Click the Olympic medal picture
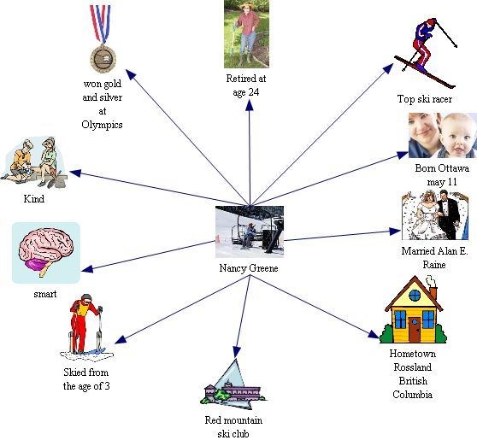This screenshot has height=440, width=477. click(103, 38)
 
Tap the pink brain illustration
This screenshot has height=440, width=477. click(46, 251)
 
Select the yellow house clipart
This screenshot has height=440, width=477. click(414, 309)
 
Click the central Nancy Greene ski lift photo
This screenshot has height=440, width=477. click(250, 232)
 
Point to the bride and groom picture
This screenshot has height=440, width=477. click(435, 215)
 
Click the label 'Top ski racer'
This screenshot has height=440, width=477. click(425, 99)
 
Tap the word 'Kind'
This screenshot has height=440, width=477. click(34, 199)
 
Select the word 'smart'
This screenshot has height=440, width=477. click(45, 294)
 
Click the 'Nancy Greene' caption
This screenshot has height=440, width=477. click(249, 268)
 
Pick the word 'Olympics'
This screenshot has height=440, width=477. click(102, 125)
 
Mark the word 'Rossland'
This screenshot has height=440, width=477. click(413, 367)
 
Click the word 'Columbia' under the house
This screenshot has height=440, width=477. click(413, 395)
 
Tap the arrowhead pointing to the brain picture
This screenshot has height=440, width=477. click(87, 268)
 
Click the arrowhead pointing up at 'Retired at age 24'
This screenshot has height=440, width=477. click(250, 105)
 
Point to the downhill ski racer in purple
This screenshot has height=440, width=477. click(426, 52)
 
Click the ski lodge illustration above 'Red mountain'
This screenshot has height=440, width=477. click(233, 386)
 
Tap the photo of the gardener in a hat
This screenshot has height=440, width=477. click(246, 34)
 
